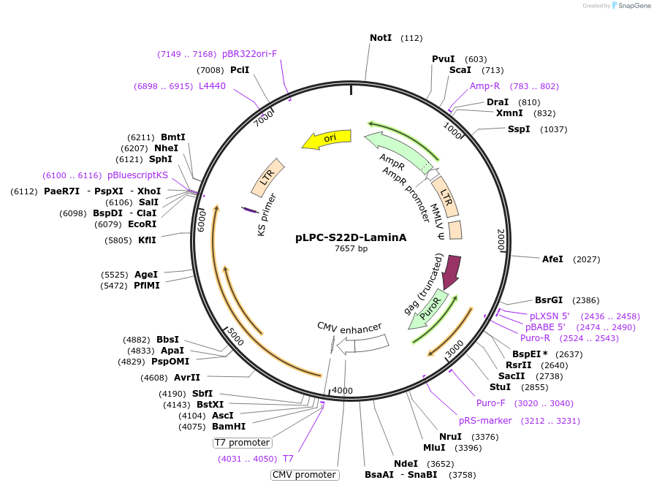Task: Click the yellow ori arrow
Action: pyautogui.click(x=327, y=140)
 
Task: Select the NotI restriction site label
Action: pyautogui.click(x=381, y=38)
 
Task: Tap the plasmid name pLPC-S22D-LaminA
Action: pyautogui.click(x=351, y=237)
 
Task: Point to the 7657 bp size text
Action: pyautogui.click(x=351, y=248)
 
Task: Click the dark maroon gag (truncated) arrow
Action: pyautogui.click(x=452, y=272)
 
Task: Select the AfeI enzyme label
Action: pyautogui.click(x=552, y=259)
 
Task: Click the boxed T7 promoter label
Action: pyautogui.click(x=242, y=443)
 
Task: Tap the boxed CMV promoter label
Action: pyautogui.click(x=305, y=475)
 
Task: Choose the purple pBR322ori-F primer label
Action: pyautogui.click(x=249, y=54)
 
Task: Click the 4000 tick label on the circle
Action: pyautogui.click(x=343, y=390)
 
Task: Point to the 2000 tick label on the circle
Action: pyautogui.click(x=501, y=240)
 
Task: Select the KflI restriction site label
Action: pyautogui.click(x=147, y=240)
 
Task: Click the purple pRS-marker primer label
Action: pyautogui.click(x=485, y=421)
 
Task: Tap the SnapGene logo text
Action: pyautogui.click(x=634, y=5)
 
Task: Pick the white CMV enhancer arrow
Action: pyautogui.click(x=362, y=345)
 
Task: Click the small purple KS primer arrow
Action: pyautogui.click(x=250, y=210)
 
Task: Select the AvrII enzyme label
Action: pyautogui.click(x=187, y=378)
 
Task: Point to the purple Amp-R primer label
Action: pyautogui.click(x=484, y=86)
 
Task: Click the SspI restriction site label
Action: pyautogui.click(x=518, y=129)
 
